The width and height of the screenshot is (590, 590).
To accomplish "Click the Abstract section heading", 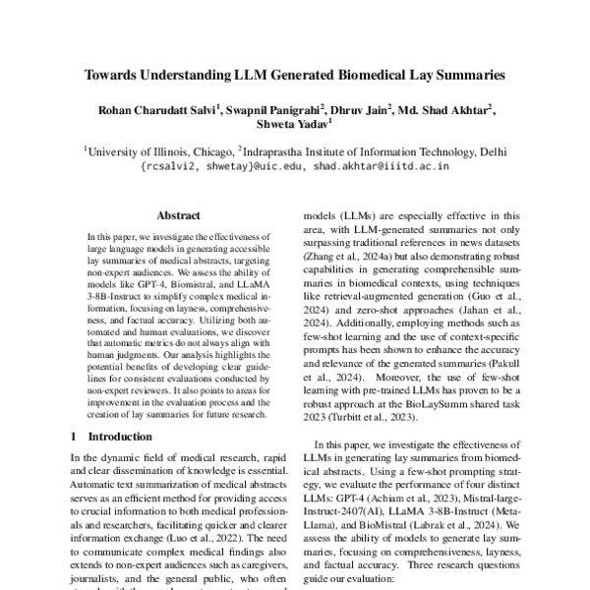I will coord(177,213).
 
